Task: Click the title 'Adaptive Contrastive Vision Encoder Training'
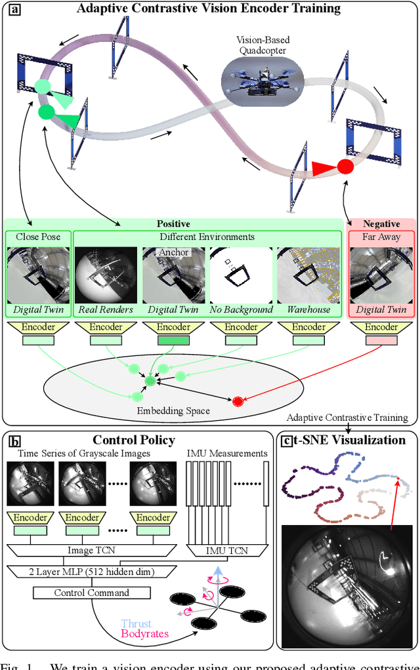tap(209, 9)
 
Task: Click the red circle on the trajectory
tap(345, 166)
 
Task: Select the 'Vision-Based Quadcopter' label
tap(263, 45)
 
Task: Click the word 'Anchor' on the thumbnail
tap(174, 252)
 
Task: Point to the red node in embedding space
tap(237, 401)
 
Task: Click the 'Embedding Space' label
tap(173, 411)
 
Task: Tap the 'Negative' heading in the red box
tap(381, 224)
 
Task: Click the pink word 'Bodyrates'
tap(144, 635)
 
